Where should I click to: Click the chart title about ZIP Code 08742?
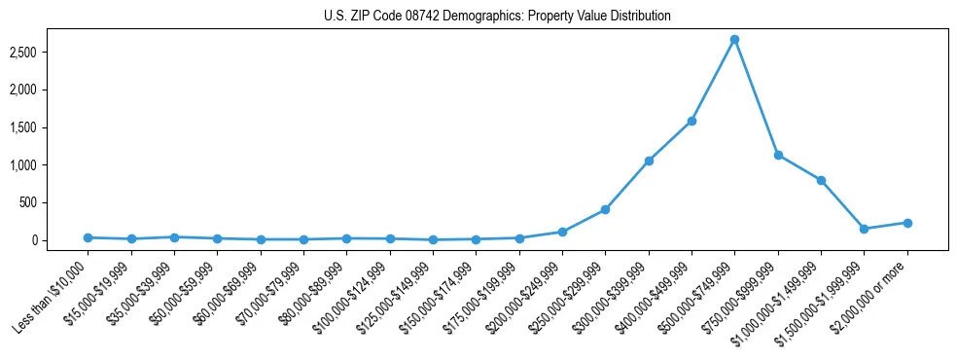click(x=497, y=16)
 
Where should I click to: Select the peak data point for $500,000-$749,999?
click(x=734, y=40)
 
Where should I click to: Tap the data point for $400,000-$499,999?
click(x=691, y=121)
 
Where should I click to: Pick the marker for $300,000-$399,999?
click(x=649, y=161)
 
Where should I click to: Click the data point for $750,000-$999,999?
click(x=778, y=155)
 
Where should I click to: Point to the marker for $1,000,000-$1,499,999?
click(x=821, y=180)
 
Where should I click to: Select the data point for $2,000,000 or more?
click(x=907, y=223)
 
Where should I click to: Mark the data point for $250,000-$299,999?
click(x=605, y=209)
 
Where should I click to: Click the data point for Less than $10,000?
click(x=88, y=237)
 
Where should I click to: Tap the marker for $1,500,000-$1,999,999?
click(x=864, y=229)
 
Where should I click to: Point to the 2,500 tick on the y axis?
click(x=50, y=52)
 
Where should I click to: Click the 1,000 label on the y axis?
click(x=50, y=165)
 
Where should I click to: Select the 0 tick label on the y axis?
click(x=59, y=240)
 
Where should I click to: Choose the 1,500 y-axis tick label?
click(x=50, y=127)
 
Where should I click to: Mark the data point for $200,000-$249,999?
click(x=562, y=232)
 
